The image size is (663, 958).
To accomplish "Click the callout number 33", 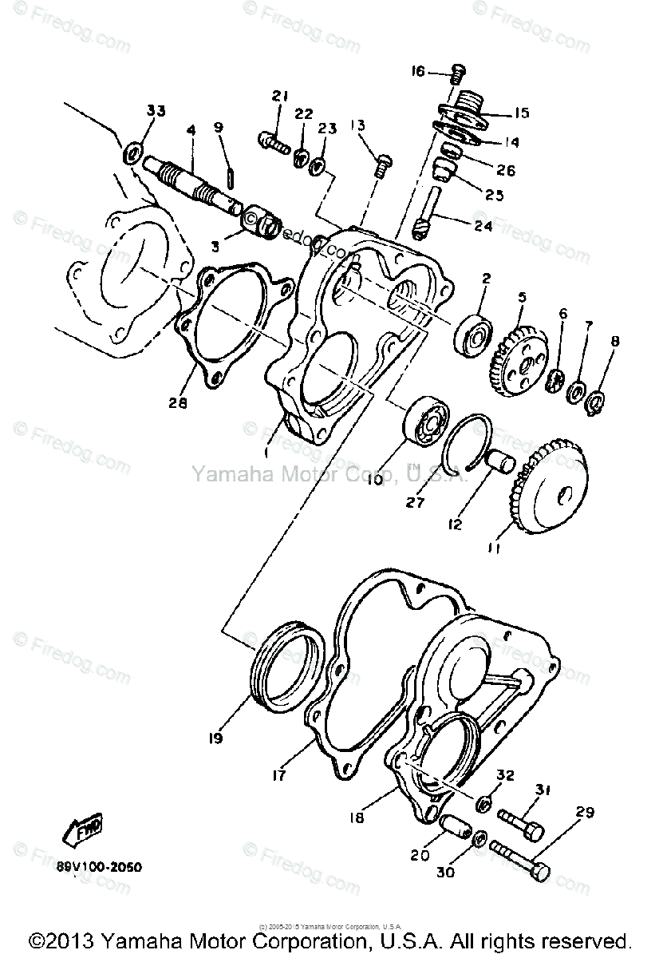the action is point(156,111).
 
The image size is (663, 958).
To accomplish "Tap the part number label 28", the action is point(177,403).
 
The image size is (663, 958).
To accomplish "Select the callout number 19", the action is point(215,738).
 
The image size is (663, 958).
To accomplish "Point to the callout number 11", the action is point(494,548).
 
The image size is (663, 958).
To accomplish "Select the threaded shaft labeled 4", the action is point(195,187).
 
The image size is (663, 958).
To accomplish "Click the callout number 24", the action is point(483,226).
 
